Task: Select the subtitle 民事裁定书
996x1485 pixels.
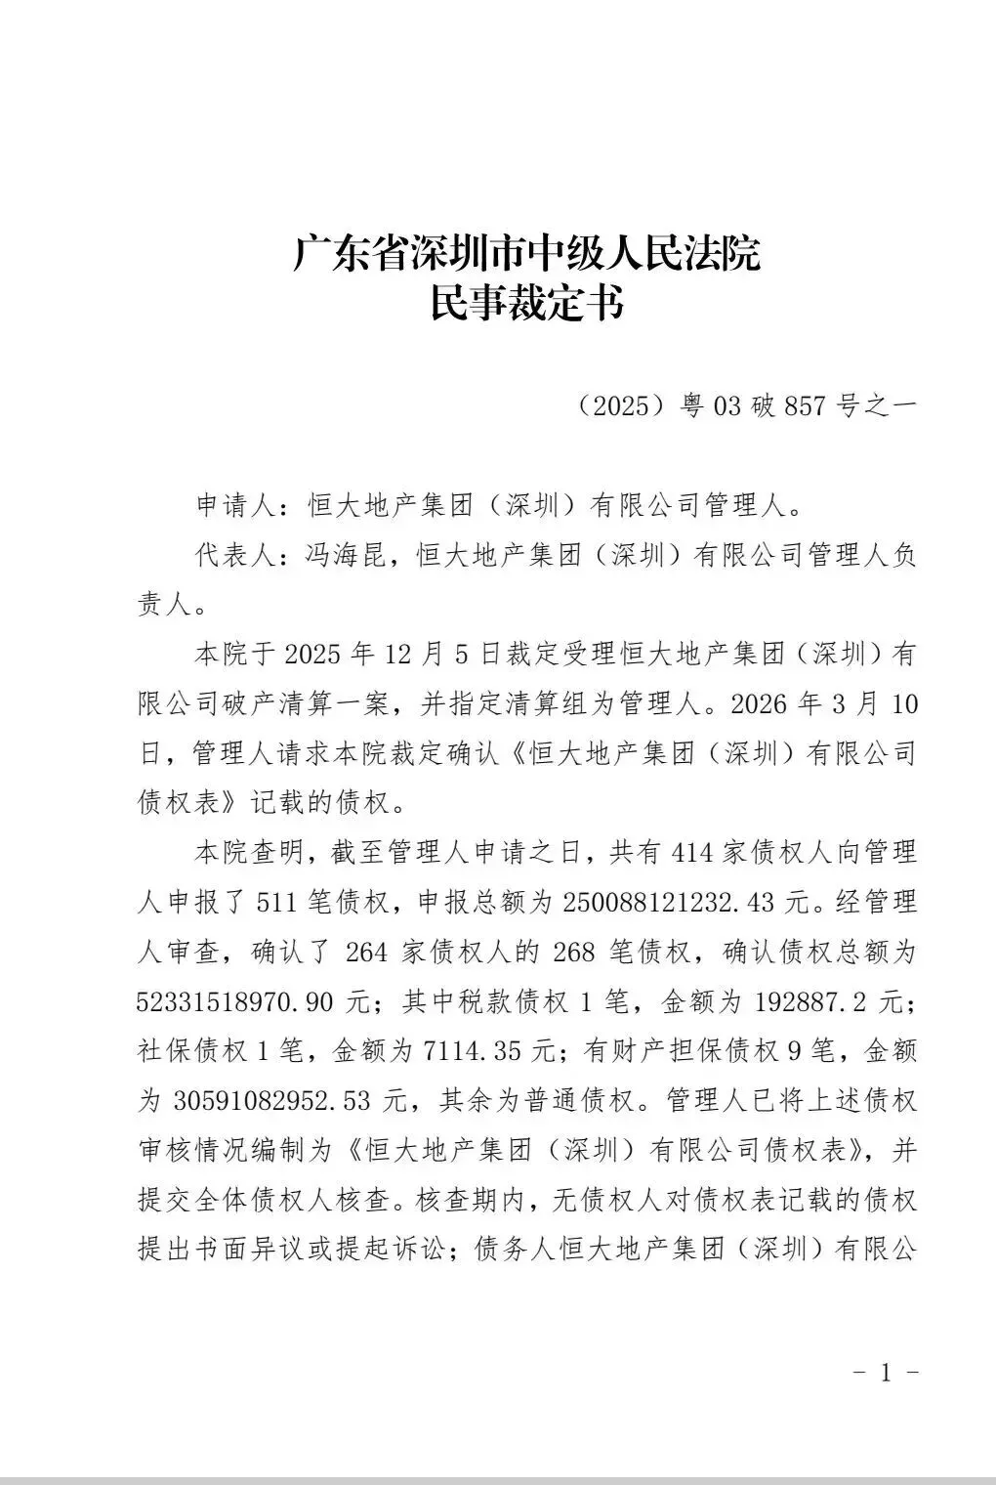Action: tap(526, 305)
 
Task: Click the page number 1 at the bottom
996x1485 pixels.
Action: tap(886, 1373)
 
